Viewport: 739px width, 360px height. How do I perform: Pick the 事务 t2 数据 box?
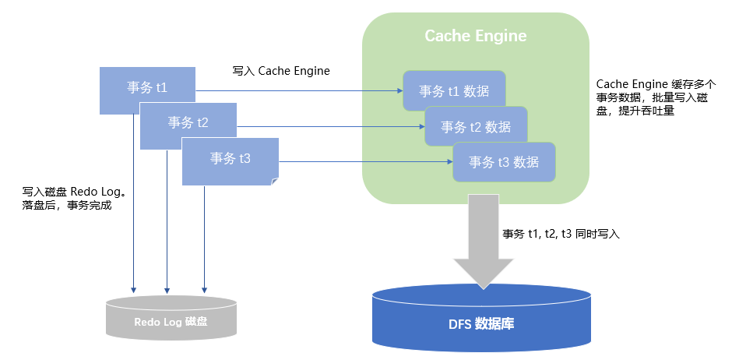[x=476, y=127]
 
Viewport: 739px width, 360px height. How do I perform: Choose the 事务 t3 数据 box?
[x=504, y=162]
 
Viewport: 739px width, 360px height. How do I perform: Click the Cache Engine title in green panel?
[x=475, y=36]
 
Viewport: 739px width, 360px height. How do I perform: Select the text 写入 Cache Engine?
[x=281, y=71]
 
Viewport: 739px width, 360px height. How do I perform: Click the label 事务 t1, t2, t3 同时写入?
[x=561, y=234]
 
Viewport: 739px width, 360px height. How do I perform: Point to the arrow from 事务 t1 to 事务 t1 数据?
[x=296, y=91]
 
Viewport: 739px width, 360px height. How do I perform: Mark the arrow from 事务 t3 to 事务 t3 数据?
[x=366, y=162]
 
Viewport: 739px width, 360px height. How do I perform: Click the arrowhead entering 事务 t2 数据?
[x=421, y=127]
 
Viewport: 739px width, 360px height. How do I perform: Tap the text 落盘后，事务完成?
[x=68, y=206]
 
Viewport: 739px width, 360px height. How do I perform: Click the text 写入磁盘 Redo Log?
[x=74, y=192]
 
